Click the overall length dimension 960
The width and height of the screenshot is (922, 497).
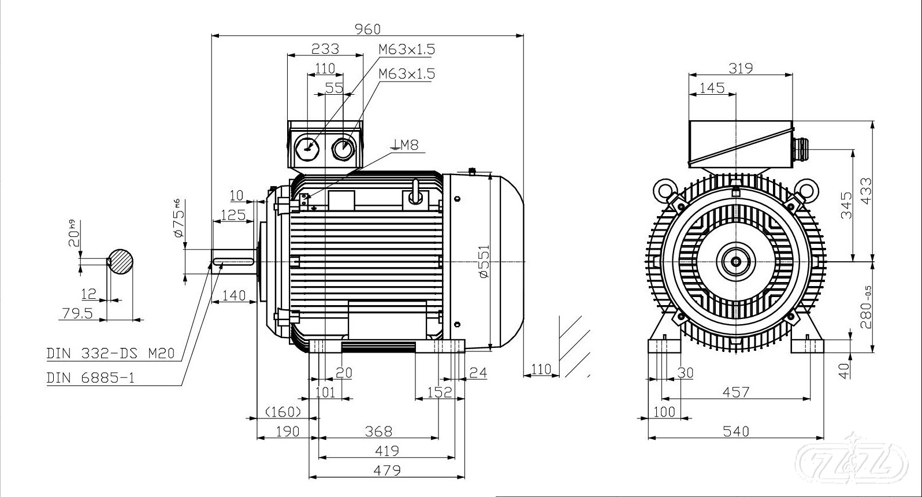tap(367, 29)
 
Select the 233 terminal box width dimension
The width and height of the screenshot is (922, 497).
tap(325, 49)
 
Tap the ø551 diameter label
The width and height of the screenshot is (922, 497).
tap(484, 261)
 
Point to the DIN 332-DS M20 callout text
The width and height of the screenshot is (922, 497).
tap(110, 353)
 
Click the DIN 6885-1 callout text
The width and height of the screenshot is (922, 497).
tap(91, 378)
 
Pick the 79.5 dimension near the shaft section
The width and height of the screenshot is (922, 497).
tap(77, 313)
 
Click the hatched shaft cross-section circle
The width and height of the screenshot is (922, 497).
tap(121, 262)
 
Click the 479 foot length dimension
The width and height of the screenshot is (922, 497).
tap(386, 470)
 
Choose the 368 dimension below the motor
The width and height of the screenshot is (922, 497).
tap(378, 431)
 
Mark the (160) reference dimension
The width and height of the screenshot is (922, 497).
tap(283, 411)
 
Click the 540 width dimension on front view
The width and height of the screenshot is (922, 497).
tap(735, 431)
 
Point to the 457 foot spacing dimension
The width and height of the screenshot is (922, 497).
tap(735, 392)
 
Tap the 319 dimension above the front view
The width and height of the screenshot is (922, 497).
tap(740, 68)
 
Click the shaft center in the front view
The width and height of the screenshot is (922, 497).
tap(736, 261)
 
